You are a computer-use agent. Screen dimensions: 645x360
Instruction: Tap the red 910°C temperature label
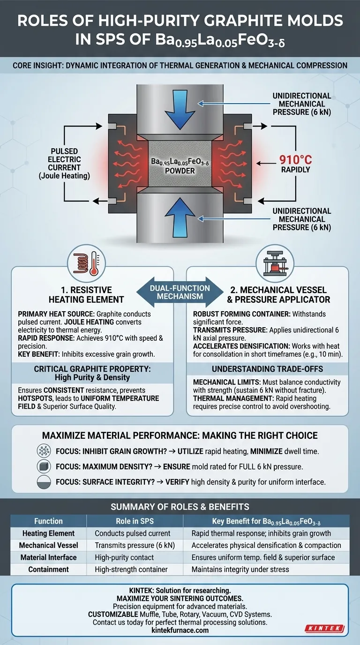[296, 159]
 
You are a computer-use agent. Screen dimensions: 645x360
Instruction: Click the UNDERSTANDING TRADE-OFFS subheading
[267, 370]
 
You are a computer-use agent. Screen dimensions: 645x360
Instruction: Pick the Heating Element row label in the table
[48, 533]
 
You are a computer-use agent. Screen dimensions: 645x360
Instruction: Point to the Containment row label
[48, 569]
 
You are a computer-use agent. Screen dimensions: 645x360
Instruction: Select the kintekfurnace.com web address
[180, 630]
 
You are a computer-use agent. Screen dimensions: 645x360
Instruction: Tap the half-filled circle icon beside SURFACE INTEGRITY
[44, 481]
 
